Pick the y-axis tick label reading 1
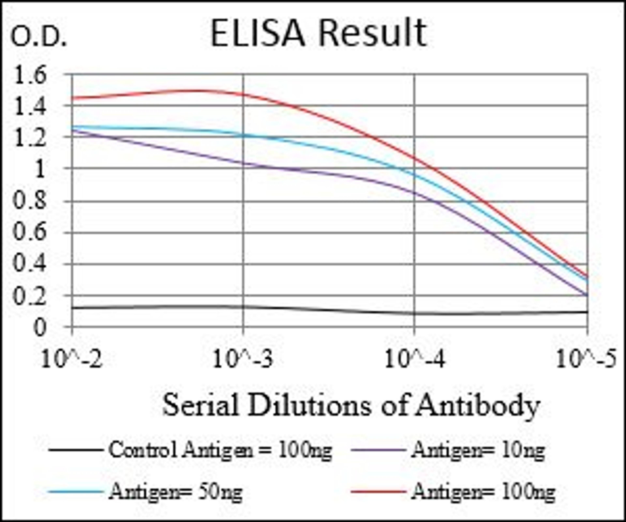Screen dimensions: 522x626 [x=39, y=170]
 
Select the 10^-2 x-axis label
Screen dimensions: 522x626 [x=72, y=359]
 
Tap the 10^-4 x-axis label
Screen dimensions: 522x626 [x=414, y=359]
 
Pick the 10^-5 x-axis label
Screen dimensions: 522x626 [x=586, y=359]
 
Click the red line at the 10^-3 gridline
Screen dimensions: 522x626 [x=243, y=94]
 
